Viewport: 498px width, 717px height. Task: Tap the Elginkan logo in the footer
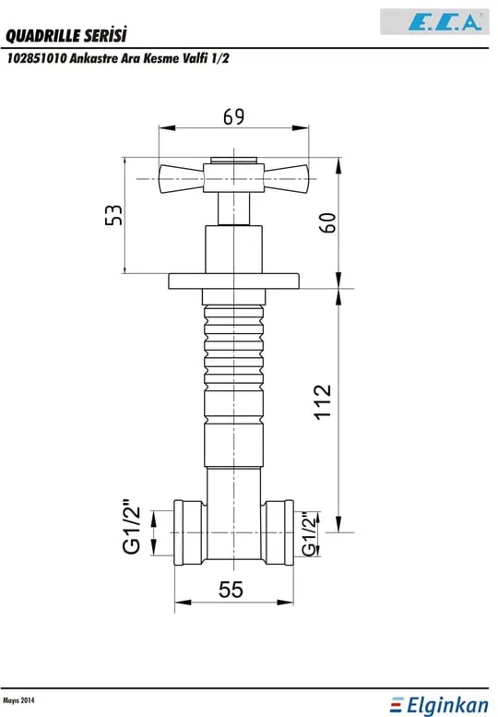pos(440,705)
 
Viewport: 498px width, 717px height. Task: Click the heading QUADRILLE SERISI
pos(65,35)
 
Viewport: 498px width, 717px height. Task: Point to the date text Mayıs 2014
pos(18,700)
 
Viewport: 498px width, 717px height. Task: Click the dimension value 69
pos(233,116)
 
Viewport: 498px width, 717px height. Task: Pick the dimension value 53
pos(113,215)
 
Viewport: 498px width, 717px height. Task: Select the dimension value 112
pos(323,401)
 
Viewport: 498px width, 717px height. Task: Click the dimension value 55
pos(231,590)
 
